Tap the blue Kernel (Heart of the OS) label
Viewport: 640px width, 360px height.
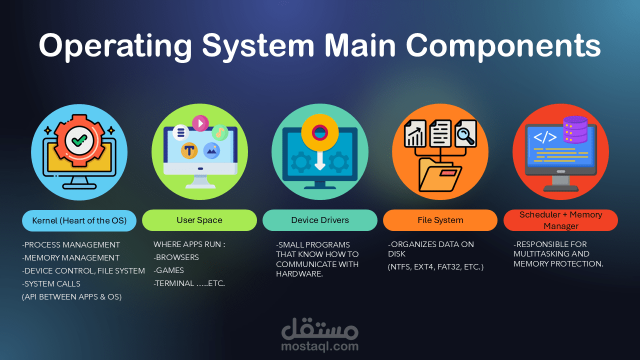point(79,220)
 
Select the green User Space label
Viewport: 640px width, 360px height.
point(199,220)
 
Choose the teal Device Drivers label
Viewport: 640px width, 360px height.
point(320,220)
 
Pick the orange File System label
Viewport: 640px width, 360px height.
point(440,220)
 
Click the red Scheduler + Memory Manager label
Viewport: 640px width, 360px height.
point(560,220)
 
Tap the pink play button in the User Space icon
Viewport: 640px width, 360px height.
point(200,122)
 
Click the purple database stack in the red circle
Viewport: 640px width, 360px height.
point(575,129)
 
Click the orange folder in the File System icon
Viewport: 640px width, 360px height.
point(436,175)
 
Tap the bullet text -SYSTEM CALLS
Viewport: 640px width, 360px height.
point(51,283)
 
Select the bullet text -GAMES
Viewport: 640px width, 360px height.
point(169,270)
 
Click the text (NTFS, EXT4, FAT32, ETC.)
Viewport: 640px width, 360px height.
point(435,267)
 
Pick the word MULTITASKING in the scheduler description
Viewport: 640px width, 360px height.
point(541,254)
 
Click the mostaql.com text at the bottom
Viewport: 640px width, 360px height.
point(320,346)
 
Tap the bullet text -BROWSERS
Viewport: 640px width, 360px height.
point(176,257)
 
